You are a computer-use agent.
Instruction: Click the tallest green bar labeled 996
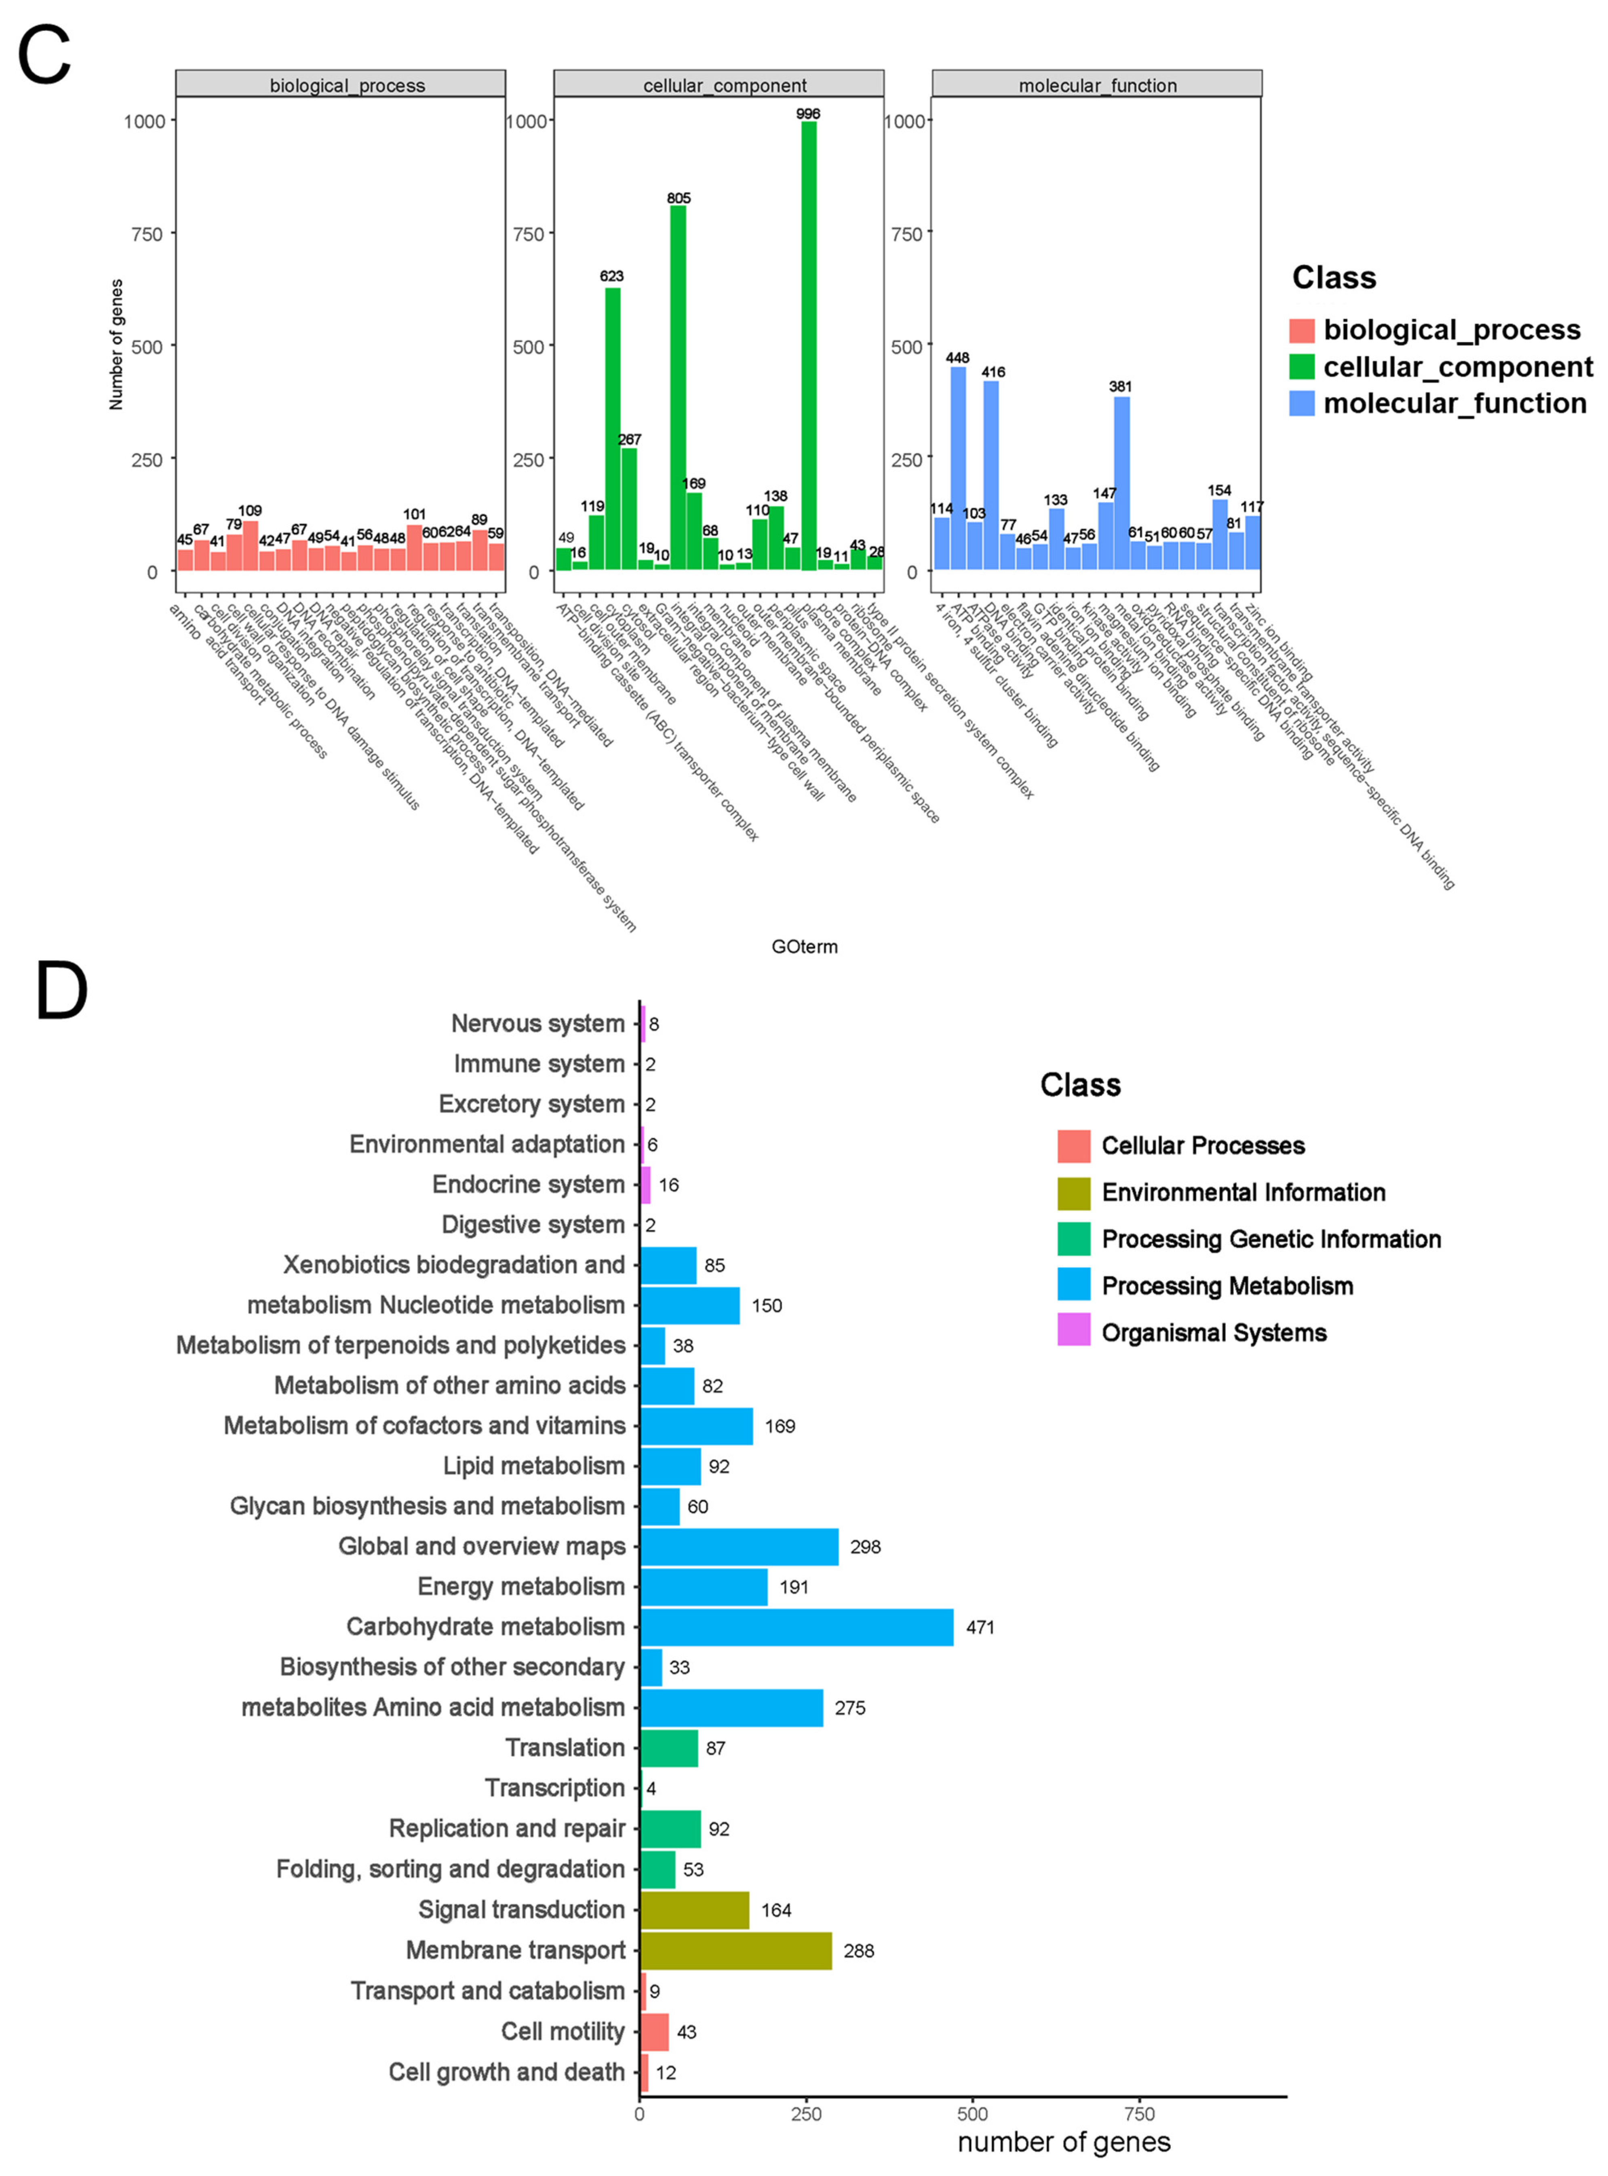(808, 346)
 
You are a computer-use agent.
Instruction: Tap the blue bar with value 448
(958, 467)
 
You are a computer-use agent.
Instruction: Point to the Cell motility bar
(654, 2032)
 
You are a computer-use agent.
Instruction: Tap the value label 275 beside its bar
(850, 1708)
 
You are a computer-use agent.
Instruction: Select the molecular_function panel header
(1097, 85)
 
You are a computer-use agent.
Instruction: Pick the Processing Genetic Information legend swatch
(1074, 1239)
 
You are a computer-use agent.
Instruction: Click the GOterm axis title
(804, 946)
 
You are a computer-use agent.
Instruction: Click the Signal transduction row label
(522, 1910)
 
